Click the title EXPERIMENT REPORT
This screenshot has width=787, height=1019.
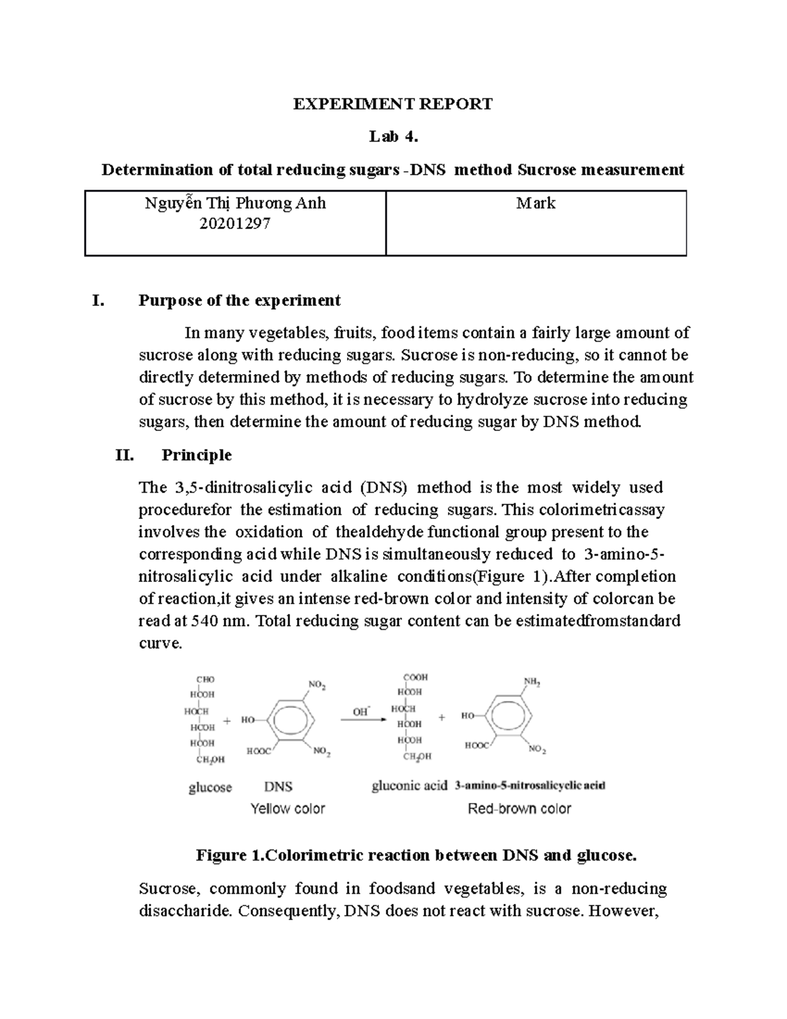pyautogui.click(x=392, y=104)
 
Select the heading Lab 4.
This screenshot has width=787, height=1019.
pyautogui.click(x=392, y=136)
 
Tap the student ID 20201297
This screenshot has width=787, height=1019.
pyautogui.click(x=235, y=224)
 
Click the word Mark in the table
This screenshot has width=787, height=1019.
pyautogui.click(x=535, y=203)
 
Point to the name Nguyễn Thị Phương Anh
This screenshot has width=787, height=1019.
pyautogui.click(x=235, y=203)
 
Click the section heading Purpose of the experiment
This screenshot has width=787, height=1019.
pyautogui.click(x=239, y=301)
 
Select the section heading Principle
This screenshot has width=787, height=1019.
pyautogui.click(x=196, y=455)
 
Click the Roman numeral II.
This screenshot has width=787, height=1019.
pyautogui.click(x=125, y=455)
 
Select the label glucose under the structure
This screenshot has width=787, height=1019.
pyautogui.click(x=210, y=787)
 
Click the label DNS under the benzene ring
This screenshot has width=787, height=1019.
pyautogui.click(x=278, y=787)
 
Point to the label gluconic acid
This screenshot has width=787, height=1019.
pyautogui.click(x=409, y=785)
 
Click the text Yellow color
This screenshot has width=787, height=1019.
pyautogui.click(x=288, y=809)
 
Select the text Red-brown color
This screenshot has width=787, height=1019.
pyautogui.click(x=519, y=809)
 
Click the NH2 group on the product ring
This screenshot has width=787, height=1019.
pyautogui.click(x=532, y=683)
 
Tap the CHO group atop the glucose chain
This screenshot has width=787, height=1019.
pyautogui.click(x=205, y=680)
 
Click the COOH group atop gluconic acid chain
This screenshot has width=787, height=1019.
pyautogui.click(x=415, y=677)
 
